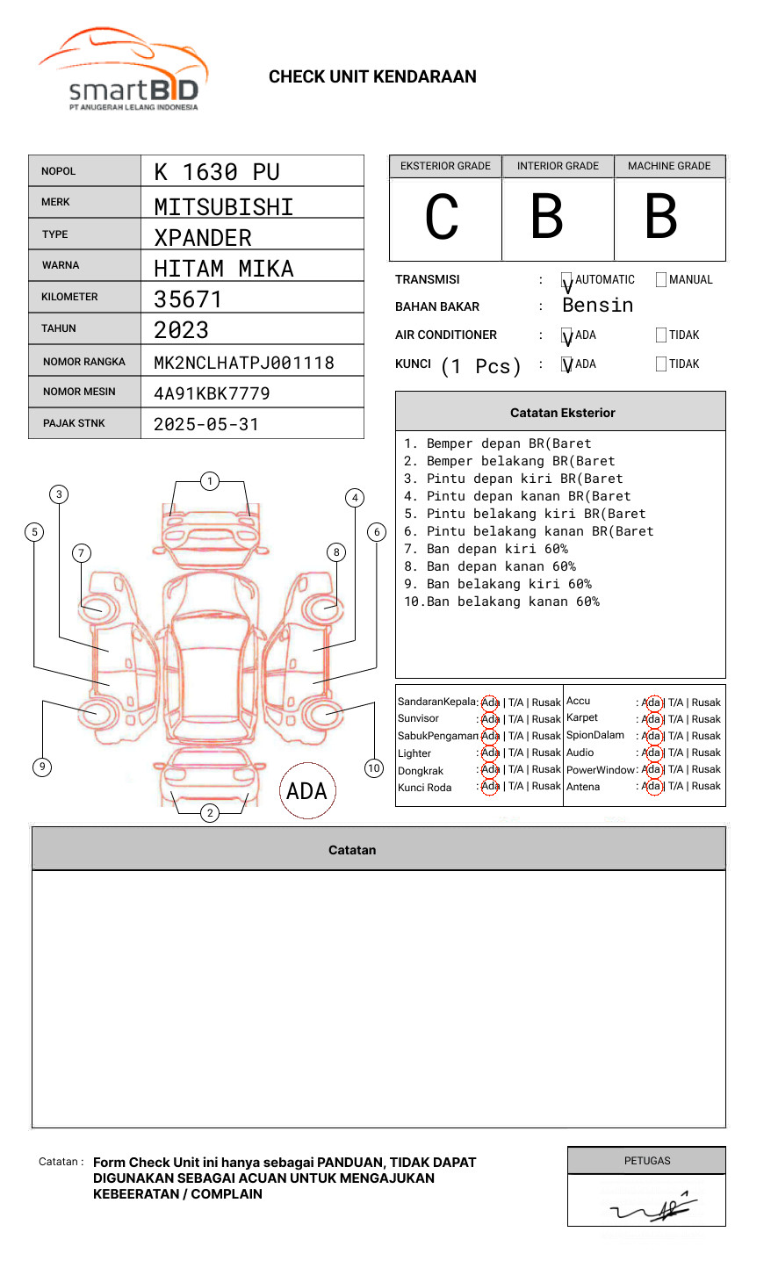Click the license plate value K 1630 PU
point(216,172)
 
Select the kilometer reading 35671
point(188,299)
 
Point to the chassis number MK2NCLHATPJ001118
point(244,363)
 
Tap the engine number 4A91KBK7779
point(212,393)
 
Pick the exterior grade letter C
point(443,217)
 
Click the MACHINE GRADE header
point(669,166)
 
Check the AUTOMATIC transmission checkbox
point(566,280)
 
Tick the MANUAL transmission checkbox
point(661,280)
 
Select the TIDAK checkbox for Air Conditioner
point(661,335)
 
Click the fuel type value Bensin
point(597,306)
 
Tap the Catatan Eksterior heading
point(562,413)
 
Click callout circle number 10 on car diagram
point(374,768)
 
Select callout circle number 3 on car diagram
point(59,494)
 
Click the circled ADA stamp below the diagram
point(307,791)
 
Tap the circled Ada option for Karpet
point(651,719)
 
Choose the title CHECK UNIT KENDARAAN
point(372,77)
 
